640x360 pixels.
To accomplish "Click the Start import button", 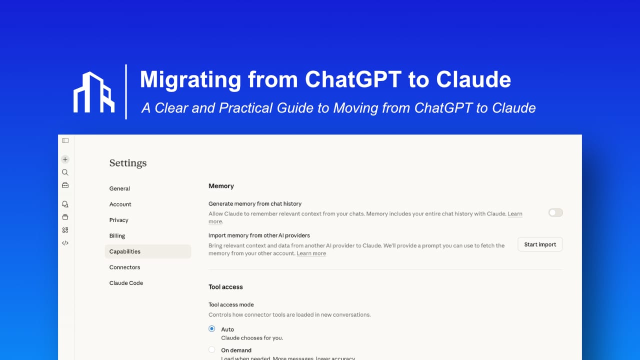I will pyautogui.click(x=540, y=244).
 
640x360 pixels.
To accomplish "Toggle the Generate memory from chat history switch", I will pyautogui.click(x=555, y=212).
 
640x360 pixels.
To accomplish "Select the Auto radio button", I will pyautogui.click(x=212, y=329).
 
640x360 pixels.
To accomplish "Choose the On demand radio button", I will pyautogui.click(x=212, y=350).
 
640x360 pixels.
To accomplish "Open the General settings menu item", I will pyautogui.click(x=119, y=188).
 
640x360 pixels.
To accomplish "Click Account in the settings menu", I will pyautogui.click(x=120, y=204).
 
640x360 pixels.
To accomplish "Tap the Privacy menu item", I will pyautogui.click(x=119, y=220).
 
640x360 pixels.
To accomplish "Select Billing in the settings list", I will pyautogui.click(x=117, y=236).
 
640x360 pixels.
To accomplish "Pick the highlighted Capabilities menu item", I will pyautogui.click(x=125, y=251).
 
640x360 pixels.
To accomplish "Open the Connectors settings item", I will pyautogui.click(x=125, y=267).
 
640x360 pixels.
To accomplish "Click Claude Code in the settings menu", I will pyautogui.click(x=126, y=283).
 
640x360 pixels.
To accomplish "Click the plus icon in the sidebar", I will pyautogui.click(x=65, y=159).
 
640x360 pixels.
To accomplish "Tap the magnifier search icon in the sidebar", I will pyautogui.click(x=65, y=172).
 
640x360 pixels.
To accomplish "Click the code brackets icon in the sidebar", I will pyautogui.click(x=65, y=243).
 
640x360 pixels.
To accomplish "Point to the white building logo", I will pyautogui.click(x=94, y=92).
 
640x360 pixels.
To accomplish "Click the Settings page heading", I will pyautogui.click(x=128, y=163).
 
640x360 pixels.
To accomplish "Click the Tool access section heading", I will pyautogui.click(x=225, y=287).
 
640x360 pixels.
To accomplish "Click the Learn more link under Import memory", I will pyautogui.click(x=311, y=253).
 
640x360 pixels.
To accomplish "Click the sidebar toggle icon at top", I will pyautogui.click(x=65, y=140).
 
